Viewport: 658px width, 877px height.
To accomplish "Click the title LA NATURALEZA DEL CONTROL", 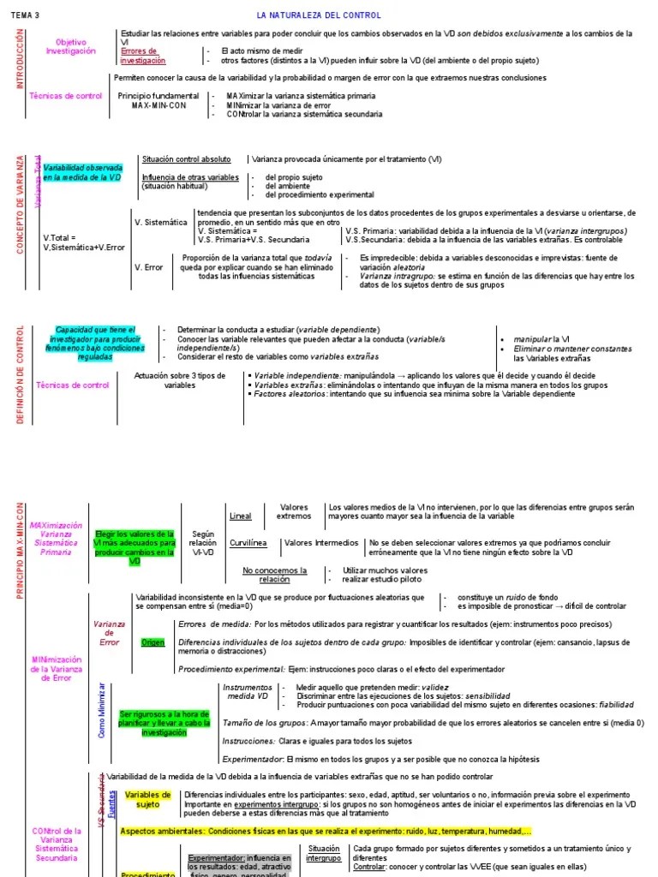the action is [319, 15].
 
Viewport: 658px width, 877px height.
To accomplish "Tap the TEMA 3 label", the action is [26, 15].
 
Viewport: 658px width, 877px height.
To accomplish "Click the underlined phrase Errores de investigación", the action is [143, 56].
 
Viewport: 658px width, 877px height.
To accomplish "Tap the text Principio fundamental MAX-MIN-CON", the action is [159, 100].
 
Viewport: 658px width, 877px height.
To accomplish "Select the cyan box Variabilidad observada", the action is [83, 172].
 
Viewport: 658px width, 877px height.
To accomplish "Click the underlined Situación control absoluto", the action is [187, 159].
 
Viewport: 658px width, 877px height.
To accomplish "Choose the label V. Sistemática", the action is [161, 222].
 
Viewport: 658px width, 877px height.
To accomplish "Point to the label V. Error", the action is [149, 267].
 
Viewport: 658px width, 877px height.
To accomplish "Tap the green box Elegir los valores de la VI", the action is [135, 548].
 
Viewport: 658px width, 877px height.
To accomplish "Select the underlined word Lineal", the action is [241, 516].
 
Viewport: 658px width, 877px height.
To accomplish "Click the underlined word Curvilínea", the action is [248, 543].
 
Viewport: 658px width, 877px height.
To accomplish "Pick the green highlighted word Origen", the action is [153, 643].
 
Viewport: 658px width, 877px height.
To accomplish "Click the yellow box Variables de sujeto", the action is [148, 799].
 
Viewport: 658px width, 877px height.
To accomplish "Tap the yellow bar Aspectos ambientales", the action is [326, 831].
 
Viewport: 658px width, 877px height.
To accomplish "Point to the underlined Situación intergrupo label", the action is [323, 853].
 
